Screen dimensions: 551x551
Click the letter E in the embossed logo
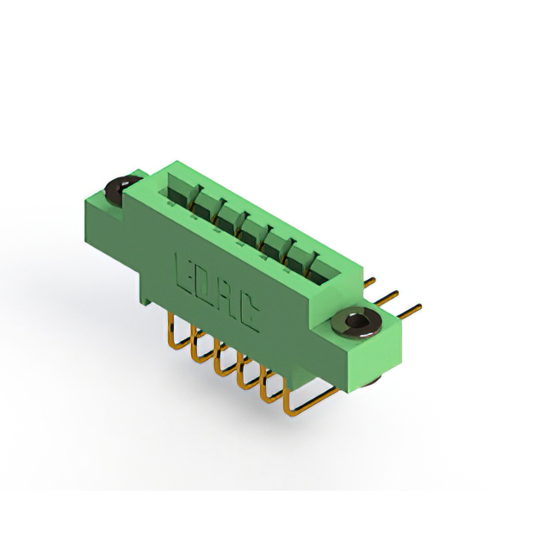point(183,274)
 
